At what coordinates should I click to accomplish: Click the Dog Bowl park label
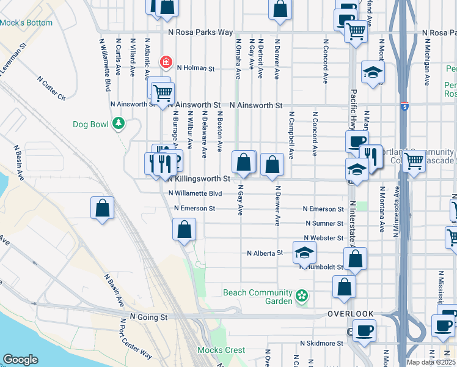point(90,124)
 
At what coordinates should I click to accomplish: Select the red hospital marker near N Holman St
point(165,62)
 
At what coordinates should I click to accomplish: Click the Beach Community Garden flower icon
point(301,297)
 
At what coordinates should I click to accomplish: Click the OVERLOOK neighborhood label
point(350,314)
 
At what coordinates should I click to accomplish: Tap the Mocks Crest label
point(221,350)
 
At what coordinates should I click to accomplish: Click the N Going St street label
point(148,317)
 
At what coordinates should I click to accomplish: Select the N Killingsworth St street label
point(198,179)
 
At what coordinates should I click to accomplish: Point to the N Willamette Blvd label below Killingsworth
point(195,193)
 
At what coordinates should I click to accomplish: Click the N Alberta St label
point(265,252)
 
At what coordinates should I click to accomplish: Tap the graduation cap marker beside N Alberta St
point(304,251)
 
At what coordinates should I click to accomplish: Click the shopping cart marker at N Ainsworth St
point(163,93)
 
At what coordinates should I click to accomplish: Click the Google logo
point(20,360)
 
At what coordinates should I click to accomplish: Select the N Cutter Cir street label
point(51,88)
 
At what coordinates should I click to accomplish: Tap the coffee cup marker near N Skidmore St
point(365,331)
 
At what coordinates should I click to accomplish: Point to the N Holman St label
point(196,69)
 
